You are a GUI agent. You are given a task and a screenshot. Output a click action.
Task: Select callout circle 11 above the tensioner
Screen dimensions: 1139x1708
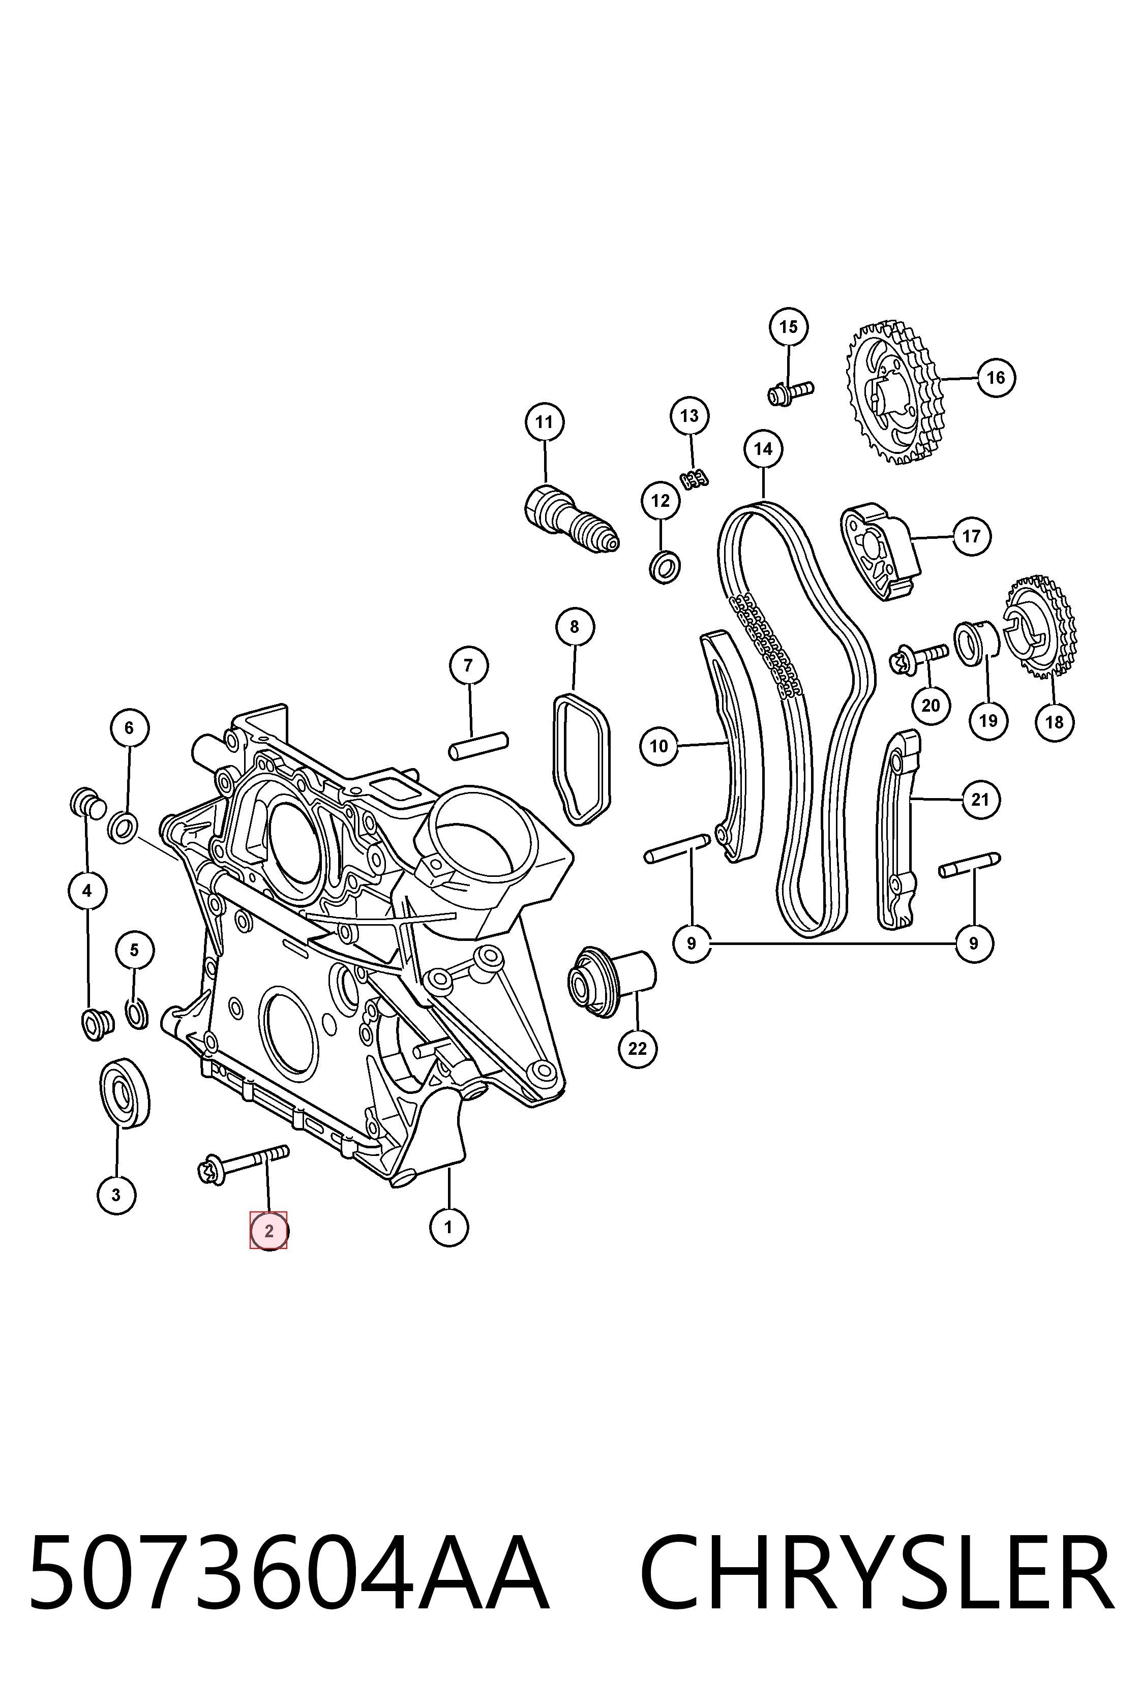tap(544, 422)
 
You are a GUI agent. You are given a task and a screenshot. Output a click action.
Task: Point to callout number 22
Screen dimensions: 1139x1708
tap(637, 1049)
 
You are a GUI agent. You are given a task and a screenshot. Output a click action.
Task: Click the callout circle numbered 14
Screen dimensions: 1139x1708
tap(763, 449)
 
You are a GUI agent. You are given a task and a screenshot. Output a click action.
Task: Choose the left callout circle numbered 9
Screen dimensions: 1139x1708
tap(692, 943)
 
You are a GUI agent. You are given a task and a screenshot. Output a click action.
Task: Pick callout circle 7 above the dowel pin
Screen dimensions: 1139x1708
tap(468, 665)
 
